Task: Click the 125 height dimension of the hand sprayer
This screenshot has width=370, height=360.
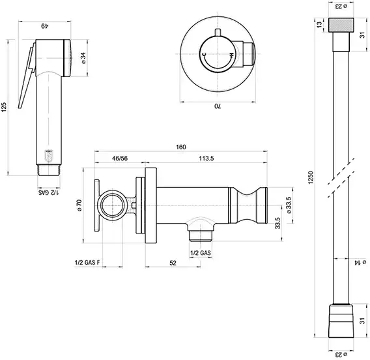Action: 4,107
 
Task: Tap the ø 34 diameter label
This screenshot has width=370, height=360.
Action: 84,58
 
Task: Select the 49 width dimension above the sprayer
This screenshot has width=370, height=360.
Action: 44,25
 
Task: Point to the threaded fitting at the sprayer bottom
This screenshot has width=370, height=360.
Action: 49,170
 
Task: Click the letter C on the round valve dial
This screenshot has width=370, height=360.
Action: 205,55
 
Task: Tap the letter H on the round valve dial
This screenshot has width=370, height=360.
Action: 231,55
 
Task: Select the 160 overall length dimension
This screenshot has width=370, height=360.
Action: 181,147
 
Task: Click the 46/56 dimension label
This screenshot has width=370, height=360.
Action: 120,158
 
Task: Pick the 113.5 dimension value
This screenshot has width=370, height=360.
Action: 206,158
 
